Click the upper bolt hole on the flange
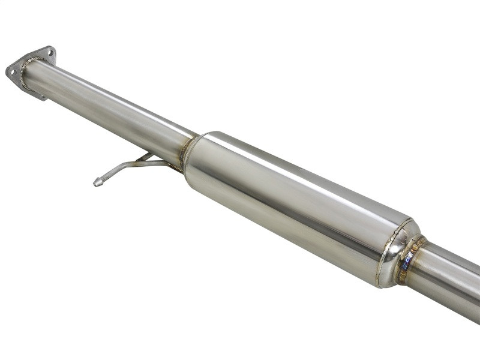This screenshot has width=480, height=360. pyautogui.click(x=48, y=52)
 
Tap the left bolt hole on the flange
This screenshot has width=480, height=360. pyautogui.click(x=11, y=71)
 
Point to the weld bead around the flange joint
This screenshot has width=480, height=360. pyautogui.click(x=24, y=74)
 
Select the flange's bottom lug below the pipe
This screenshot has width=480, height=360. pyautogui.click(x=38, y=94)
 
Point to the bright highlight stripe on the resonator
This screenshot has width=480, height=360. pyautogui.click(x=300, y=174)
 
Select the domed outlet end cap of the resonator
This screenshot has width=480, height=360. pyautogui.click(x=396, y=252)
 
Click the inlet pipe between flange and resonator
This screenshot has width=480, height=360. pyautogui.click(x=108, y=105)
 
